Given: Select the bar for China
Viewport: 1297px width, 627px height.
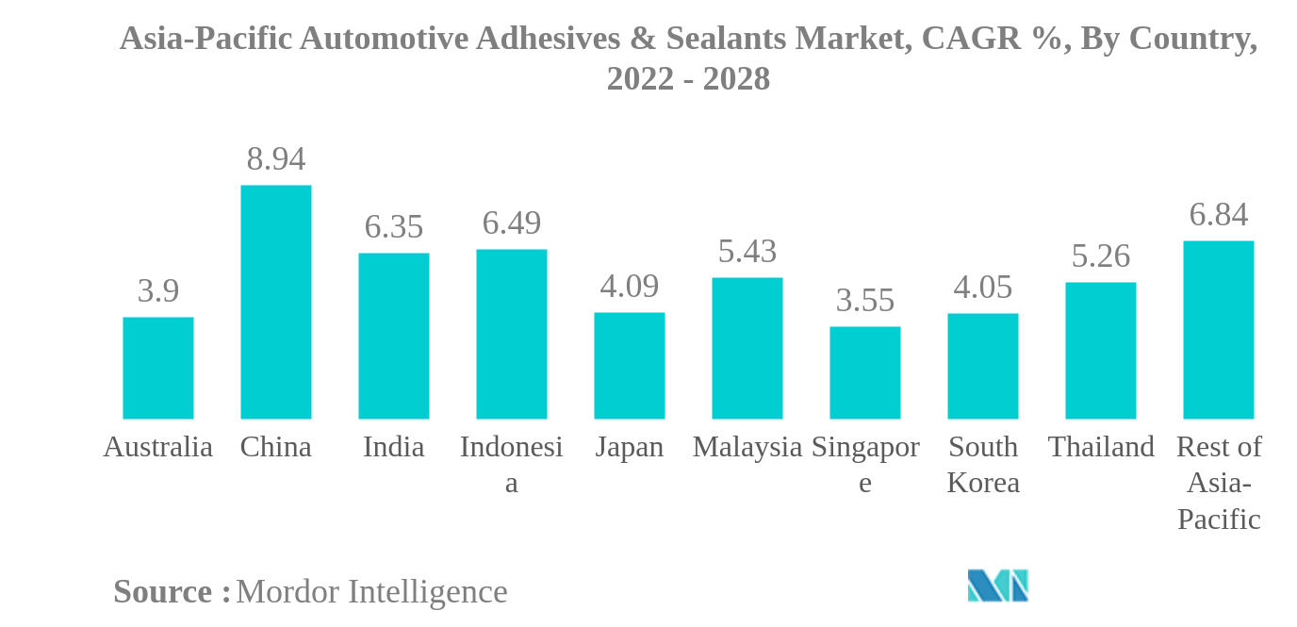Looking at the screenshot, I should [x=275, y=302].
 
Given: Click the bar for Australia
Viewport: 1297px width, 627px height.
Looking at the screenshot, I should [x=158, y=368].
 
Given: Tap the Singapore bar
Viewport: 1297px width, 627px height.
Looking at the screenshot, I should [x=864, y=372].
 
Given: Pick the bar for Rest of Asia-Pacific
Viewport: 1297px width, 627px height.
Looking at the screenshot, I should [x=1218, y=330].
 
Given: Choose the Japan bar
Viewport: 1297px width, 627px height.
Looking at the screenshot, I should [x=629, y=366].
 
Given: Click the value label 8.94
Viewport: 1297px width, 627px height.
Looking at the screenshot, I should [x=275, y=159].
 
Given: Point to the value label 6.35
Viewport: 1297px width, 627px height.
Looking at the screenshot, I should [x=393, y=227].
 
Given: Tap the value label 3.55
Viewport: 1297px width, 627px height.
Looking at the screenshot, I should [x=864, y=301].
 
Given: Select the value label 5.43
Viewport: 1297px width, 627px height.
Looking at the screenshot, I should [x=747, y=252].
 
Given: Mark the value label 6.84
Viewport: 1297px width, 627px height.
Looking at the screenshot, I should [x=1218, y=215].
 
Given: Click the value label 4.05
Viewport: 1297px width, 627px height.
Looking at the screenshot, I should [x=982, y=288].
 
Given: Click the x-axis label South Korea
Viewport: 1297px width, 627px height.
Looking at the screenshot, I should [x=982, y=464].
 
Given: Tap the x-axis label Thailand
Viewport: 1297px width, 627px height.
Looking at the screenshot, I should [x=1100, y=447].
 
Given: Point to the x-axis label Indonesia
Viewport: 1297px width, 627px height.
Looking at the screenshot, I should [x=511, y=464].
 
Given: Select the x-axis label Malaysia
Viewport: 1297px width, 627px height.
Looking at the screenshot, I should [x=747, y=447].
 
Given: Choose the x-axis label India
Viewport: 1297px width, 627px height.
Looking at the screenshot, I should [x=393, y=447].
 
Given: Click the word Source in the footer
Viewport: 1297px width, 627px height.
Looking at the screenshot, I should [x=162, y=592].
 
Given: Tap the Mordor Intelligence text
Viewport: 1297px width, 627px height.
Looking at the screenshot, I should [x=371, y=592].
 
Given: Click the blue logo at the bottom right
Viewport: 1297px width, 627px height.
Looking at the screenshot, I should [x=997, y=586].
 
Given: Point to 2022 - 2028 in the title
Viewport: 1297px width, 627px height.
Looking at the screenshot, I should [x=688, y=79].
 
